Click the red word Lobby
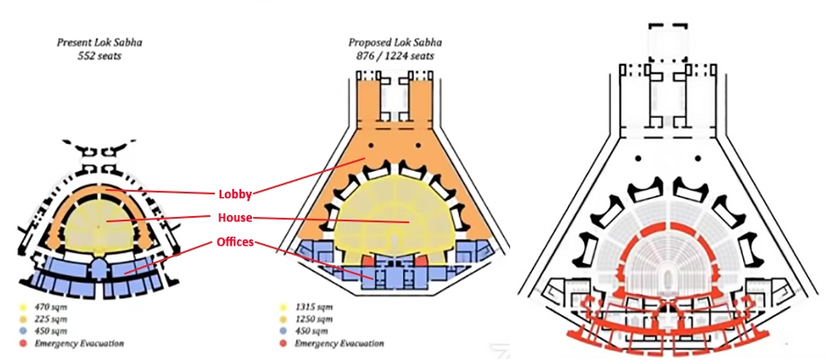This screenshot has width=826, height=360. (235, 194)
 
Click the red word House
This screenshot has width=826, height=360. (235, 217)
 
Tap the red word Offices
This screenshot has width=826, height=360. (235, 242)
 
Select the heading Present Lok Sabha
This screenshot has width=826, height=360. (99, 42)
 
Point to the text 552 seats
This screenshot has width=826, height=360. (99, 55)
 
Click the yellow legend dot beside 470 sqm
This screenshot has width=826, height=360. (22, 307)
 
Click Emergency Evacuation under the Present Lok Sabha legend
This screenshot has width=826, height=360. (79, 344)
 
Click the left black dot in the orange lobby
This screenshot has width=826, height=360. (371, 144)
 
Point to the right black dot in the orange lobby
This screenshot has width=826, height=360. (418, 144)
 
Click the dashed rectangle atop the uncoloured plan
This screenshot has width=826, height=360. (668, 42)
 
